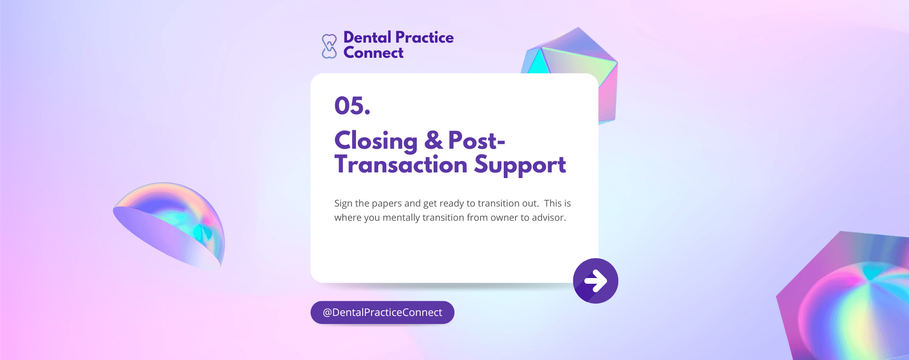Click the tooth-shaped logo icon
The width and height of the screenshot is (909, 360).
[329, 46]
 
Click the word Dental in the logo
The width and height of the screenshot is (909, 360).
[367, 37]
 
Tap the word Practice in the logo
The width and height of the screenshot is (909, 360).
[425, 37]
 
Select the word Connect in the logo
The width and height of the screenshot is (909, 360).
[374, 53]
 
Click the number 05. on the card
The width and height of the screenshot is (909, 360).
[352, 106]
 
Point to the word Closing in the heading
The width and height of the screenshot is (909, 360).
[376, 141]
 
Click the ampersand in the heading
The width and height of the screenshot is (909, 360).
[433, 140]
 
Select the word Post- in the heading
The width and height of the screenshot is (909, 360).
[477, 140]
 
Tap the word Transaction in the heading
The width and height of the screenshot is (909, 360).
[401, 164]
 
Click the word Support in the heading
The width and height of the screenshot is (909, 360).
[520, 165]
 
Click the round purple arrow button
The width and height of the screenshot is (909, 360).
[596, 281]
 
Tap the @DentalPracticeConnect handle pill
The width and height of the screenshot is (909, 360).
[383, 313]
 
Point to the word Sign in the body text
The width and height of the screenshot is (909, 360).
[343, 204]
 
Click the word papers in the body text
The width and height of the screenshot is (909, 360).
[387, 204]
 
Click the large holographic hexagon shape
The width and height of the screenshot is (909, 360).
[847, 298]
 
